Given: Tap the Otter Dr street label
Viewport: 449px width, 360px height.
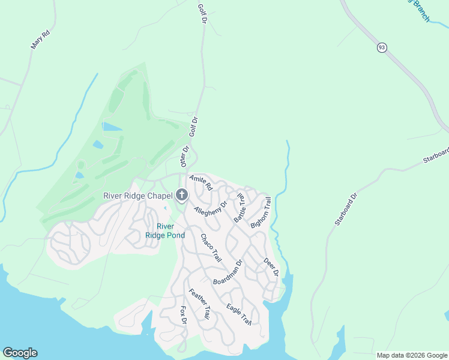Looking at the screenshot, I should (185, 157).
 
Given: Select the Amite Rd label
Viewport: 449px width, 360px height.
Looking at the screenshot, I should (201, 183).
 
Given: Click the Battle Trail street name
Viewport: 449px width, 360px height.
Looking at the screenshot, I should (240, 208).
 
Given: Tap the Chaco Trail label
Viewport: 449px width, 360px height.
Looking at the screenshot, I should (211, 248).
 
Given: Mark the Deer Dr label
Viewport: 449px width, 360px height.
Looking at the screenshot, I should (271, 267).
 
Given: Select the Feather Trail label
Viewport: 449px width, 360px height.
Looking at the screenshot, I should (200, 304).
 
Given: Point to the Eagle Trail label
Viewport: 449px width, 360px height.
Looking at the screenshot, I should (238, 315).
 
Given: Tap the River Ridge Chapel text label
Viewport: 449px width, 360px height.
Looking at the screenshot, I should (138, 196).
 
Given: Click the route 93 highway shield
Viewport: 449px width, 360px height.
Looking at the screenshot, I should (381, 47).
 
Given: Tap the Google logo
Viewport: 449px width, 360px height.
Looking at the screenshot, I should (20, 353).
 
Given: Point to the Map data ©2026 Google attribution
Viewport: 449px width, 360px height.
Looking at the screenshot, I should (411, 355).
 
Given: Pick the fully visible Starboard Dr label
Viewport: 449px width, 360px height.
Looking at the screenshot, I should (346, 209).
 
